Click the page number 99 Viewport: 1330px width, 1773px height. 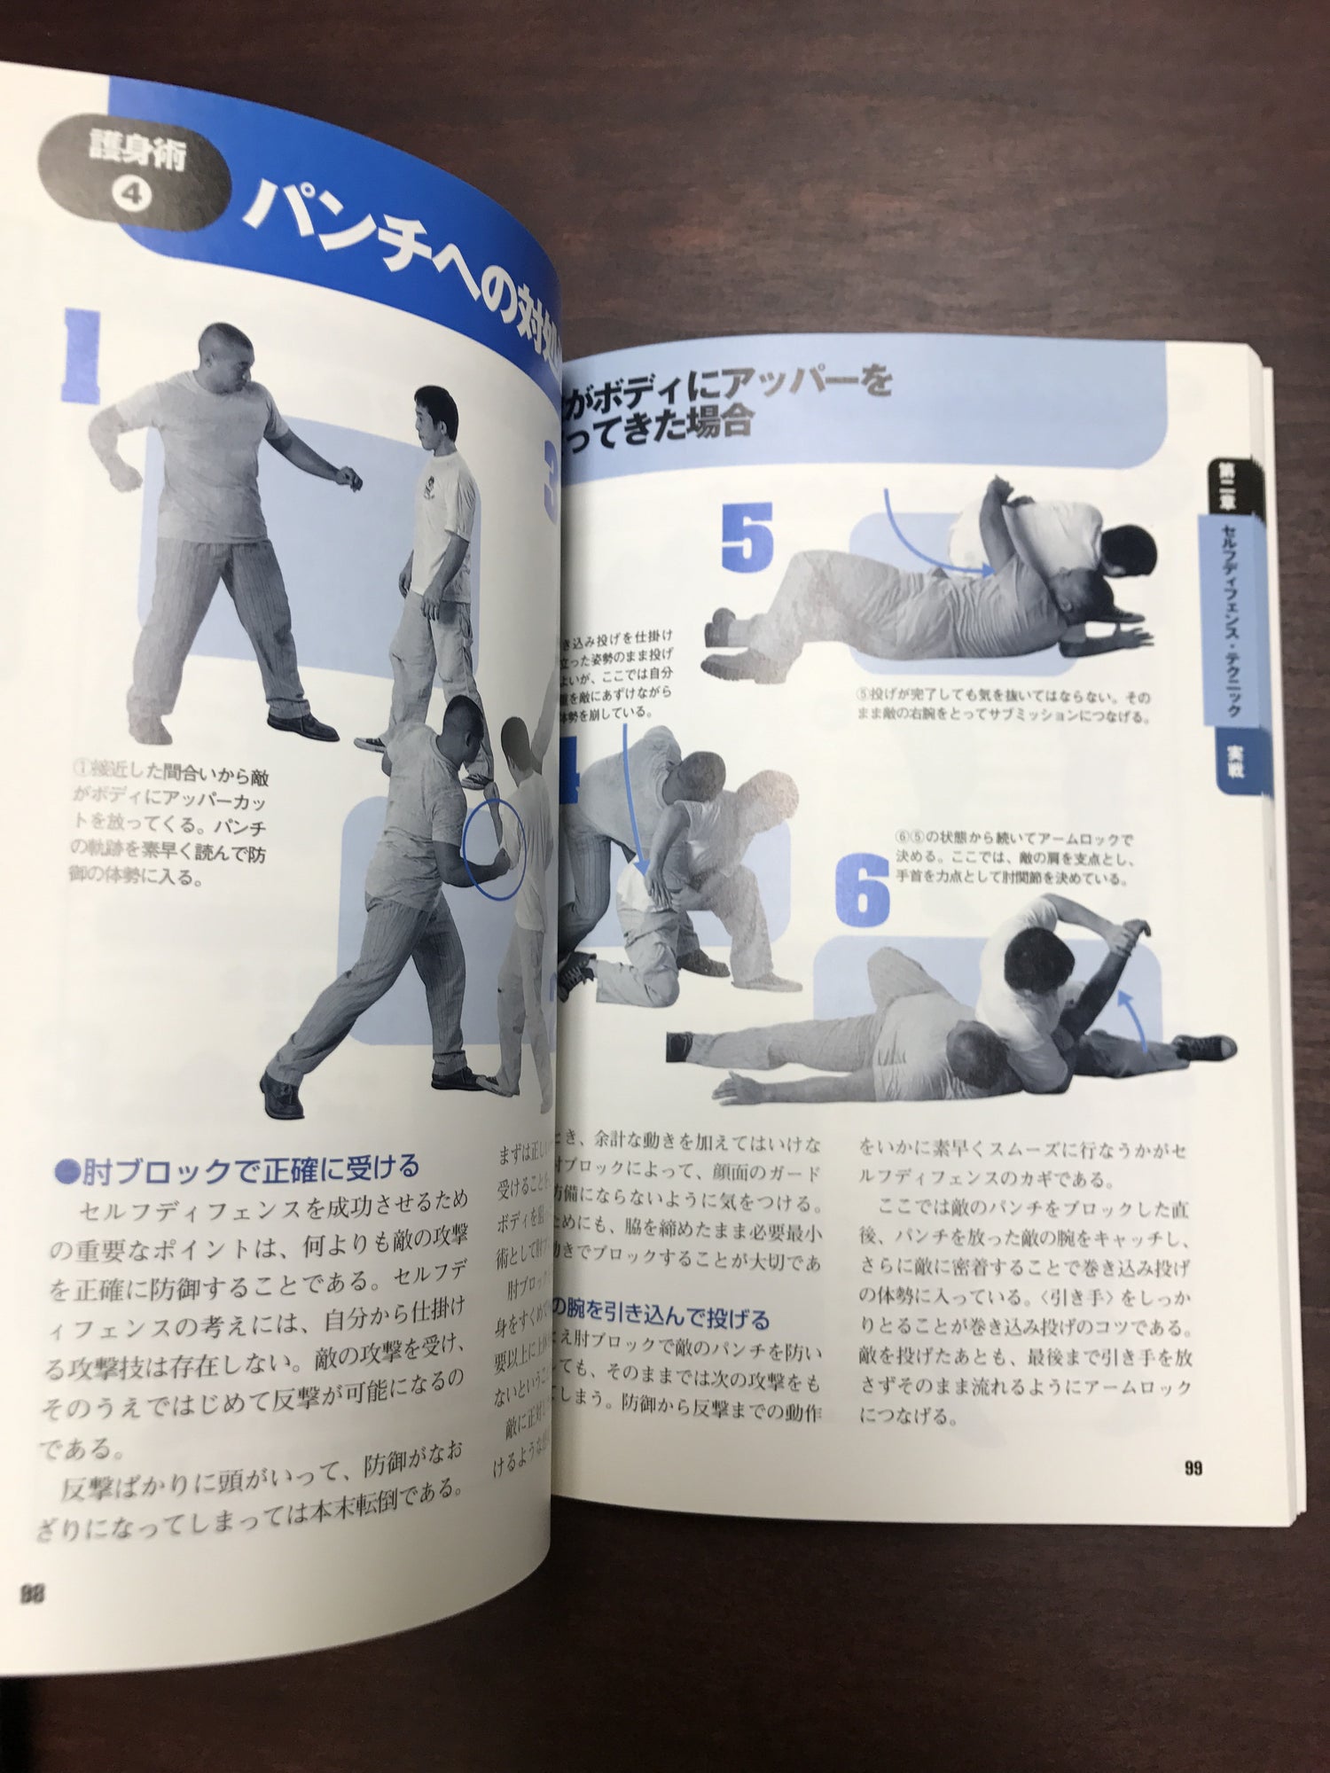click(x=1193, y=1468)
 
